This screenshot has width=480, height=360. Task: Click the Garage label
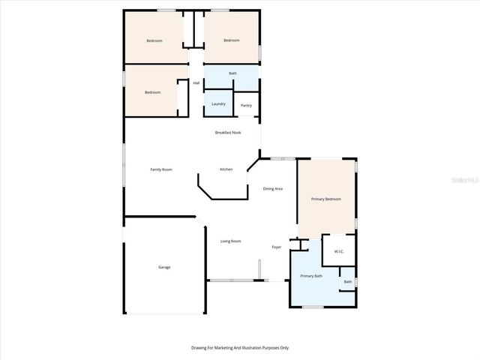[164, 267]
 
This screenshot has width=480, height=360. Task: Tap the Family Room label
[161, 169]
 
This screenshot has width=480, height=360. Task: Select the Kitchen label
[226, 169]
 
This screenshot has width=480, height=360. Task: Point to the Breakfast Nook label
[228, 132]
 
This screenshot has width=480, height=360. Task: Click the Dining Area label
[272, 188]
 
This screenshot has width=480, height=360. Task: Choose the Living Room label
[230, 241]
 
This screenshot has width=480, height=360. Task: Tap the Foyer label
[276, 246]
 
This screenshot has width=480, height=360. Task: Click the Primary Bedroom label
[326, 199]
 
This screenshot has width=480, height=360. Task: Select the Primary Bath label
[312, 277]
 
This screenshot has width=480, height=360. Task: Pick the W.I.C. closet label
[338, 251]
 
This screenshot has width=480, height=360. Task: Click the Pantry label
[246, 105]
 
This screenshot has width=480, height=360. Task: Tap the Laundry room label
[218, 103]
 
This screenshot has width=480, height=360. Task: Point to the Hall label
[196, 82]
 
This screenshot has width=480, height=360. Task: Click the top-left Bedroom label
[154, 40]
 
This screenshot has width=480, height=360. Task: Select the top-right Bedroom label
[231, 40]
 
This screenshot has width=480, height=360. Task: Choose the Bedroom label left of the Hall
[153, 92]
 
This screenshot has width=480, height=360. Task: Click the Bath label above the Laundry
[232, 73]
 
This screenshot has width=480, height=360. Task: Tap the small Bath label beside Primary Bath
[347, 282]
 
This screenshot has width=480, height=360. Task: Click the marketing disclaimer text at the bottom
[240, 347]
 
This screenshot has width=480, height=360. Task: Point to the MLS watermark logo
[466, 181]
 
